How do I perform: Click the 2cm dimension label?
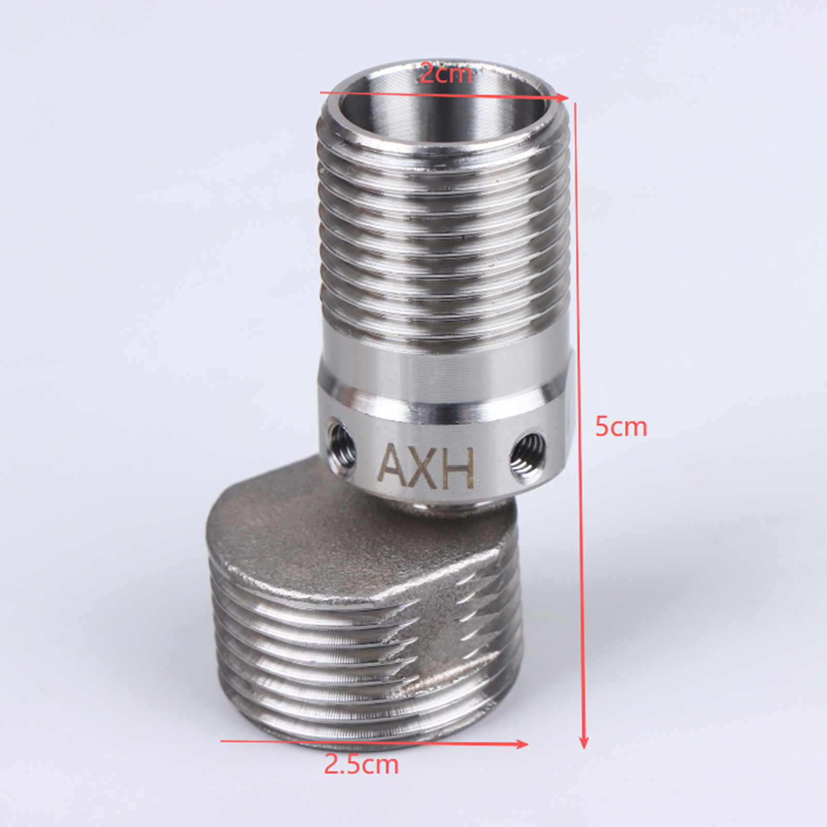(x=446, y=74)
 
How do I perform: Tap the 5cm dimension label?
(x=620, y=427)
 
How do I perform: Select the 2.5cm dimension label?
(x=361, y=764)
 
